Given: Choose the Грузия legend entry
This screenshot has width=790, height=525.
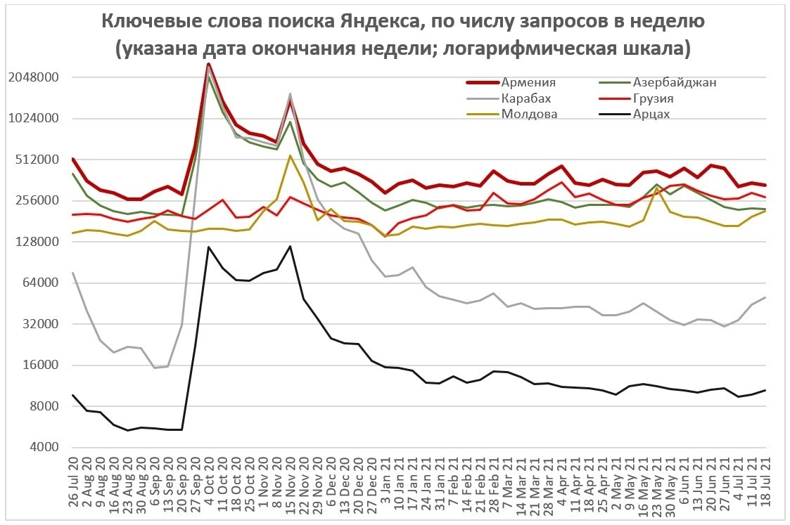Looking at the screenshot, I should pyautogui.click(x=654, y=98).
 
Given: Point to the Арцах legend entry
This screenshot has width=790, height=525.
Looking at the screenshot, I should pyautogui.click(x=651, y=114).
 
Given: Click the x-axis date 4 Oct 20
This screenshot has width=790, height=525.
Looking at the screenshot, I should pyautogui.click(x=209, y=487).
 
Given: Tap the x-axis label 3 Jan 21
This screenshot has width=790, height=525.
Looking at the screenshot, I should pyautogui.click(x=386, y=487).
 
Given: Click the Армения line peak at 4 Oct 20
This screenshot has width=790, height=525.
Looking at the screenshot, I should pyautogui.click(x=208, y=64).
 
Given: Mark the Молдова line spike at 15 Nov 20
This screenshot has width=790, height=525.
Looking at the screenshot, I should pyautogui.click(x=290, y=155).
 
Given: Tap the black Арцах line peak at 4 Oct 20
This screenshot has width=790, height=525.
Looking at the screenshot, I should pyautogui.click(x=208, y=247).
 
